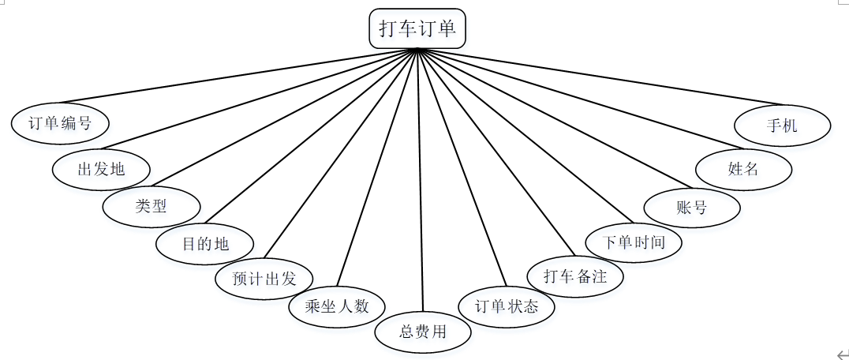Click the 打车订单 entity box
(417, 29)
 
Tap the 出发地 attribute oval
(101, 168)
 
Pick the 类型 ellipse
(151, 206)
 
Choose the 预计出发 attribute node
(264, 279)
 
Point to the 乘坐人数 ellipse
(337, 306)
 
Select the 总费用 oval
(423, 332)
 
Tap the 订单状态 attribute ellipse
(507, 306)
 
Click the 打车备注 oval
(575, 276)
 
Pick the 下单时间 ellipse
(634, 242)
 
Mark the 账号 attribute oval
(692, 208)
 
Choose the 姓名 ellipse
(743, 168)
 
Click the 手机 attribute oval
(782, 125)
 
